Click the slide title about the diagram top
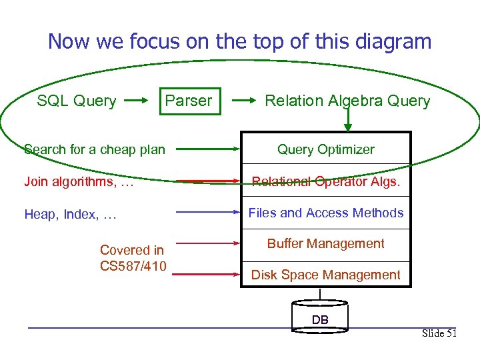240,41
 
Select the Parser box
189,101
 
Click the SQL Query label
77,101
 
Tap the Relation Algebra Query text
347,101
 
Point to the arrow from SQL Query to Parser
138,101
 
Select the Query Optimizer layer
326,149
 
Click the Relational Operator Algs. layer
326,181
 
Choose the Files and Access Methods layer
326,213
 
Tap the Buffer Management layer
326,244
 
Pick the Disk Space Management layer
326,275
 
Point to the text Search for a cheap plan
95,149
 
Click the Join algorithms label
79,181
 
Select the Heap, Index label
71,214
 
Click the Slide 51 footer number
439,333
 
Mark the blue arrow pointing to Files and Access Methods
209,213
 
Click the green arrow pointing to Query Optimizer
209,149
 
